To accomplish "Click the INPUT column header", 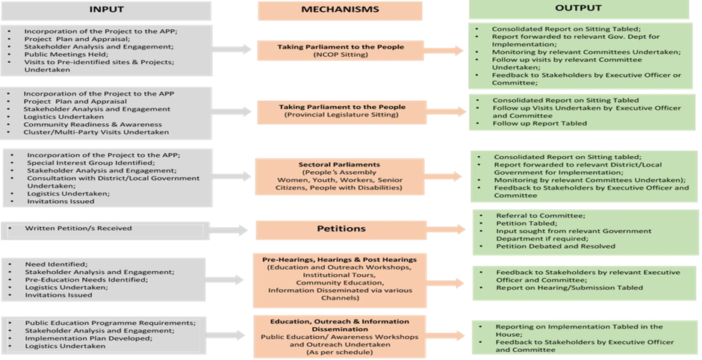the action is (106, 10).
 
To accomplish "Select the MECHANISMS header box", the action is (340, 10).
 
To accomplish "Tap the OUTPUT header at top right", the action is (578, 8).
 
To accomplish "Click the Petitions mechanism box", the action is (341, 229).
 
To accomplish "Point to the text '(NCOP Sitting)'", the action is (341, 55).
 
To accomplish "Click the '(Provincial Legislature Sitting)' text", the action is (341, 114).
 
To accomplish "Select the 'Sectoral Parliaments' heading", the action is (339, 164).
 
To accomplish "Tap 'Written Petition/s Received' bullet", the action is (78, 229).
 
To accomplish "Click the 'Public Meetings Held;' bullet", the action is (60, 55).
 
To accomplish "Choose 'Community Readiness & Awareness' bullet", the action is (93, 125).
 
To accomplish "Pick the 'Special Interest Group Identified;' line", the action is (91, 163).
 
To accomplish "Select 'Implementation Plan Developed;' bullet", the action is (89, 338).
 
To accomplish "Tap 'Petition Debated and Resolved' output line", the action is (556, 246).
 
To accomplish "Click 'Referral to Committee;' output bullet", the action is (541, 215).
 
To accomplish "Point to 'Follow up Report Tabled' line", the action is (539, 123).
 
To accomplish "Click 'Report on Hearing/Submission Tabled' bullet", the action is (570, 288).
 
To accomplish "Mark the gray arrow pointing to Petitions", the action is (228, 230).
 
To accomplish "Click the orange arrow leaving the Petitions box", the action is (445, 230).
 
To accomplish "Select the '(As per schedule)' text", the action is (340, 353).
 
